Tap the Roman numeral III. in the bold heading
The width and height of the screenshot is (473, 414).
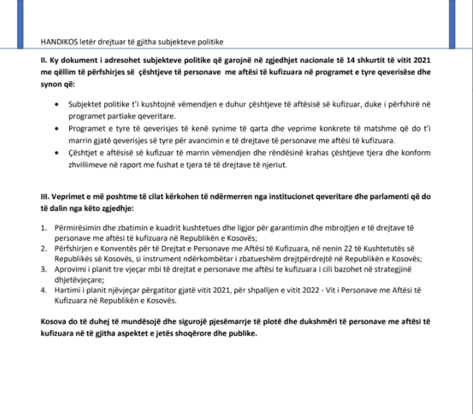[45, 197]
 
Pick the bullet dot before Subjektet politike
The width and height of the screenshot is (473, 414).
[57, 105]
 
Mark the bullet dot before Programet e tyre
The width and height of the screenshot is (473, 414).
[57, 129]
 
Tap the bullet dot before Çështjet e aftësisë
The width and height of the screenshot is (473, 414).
[57, 153]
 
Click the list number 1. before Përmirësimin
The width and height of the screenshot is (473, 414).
[44, 227]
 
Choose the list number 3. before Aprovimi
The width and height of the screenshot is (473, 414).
[44, 268]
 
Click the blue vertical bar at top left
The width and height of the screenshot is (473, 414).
[20, 24]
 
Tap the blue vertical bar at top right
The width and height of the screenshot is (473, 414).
[452, 24]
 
